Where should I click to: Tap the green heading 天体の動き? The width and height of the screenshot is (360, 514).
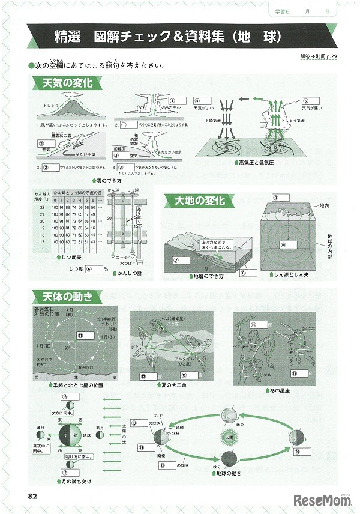point(63,296)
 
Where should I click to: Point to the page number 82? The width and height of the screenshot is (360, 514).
point(33,496)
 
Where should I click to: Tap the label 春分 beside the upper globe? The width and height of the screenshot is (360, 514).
point(242,423)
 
